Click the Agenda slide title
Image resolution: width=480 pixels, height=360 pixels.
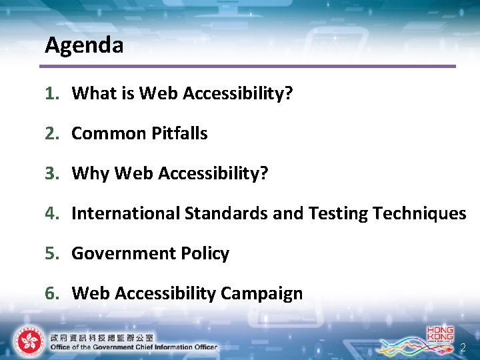click(x=84, y=45)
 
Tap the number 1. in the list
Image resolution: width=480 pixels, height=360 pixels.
click(x=52, y=93)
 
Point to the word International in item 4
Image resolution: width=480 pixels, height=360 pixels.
click(x=125, y=213)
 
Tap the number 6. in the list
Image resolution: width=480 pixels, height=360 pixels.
click(x=52, y=293)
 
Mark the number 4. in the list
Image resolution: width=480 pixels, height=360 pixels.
click(x=52, y=213)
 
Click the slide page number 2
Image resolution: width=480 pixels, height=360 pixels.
click(x=463, y=348)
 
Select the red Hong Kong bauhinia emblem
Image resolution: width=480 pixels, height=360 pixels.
click(x=27, y=341)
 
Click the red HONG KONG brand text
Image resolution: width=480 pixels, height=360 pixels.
click(x=440, y=333)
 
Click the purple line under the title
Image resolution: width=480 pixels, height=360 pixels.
click(x=247, y=66)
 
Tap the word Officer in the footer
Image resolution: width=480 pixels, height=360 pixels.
click(x=203, y=347)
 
